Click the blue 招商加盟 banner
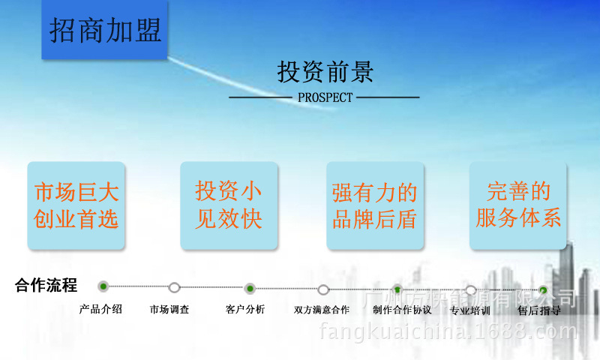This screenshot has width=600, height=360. [x=105, y=31]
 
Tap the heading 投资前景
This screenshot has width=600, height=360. [x=325, y=72]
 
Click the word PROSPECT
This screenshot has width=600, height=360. [x=325, y=97]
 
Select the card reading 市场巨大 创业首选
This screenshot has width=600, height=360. [x=76, y=205]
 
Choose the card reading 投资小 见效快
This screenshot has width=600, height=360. [x=229, y=205]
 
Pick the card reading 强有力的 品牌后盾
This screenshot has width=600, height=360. [x=373, y=205]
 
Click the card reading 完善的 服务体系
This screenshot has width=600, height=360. [x=518, y=205]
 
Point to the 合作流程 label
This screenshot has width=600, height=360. [x=46, y=286]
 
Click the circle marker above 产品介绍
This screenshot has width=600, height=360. [x=103, y=286]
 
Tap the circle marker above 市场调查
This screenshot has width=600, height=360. [x=175, y=287]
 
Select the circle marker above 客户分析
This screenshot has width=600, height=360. [x=250, y=288]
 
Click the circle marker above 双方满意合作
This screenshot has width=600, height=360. [x=323, y=289]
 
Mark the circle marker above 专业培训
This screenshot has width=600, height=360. [x=470, y=290]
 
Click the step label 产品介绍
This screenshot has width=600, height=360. [x=100, y=308]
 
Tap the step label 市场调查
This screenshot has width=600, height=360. [x=169, y=309]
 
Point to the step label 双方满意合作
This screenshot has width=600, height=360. [x=322, y=310]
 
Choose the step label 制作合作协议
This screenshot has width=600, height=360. [x=402, y=310]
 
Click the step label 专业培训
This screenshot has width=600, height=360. [x=470, y=310]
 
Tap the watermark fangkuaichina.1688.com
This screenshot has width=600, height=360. [x=448, y=331]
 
